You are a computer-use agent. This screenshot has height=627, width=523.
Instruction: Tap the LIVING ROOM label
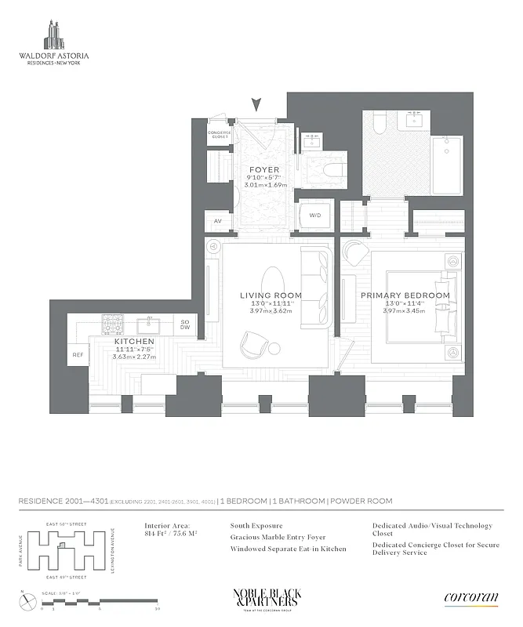[x=271, y=295]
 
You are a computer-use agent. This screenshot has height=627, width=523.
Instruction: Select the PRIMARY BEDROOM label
[x=405, y=295]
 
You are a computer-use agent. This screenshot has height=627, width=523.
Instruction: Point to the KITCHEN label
[x=134, y=342]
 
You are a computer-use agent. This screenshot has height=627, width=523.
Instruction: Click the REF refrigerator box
[x=78, y=355]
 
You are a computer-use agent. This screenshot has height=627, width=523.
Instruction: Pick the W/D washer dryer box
[x=315, y=216]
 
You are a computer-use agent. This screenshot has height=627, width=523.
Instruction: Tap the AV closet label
[x=218, y=221]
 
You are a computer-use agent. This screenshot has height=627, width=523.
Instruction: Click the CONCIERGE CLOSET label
[x=219, y=134]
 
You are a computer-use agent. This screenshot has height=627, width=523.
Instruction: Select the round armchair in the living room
[x=256, y=343]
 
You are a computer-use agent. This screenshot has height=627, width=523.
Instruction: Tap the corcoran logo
[x=470, y=598]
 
